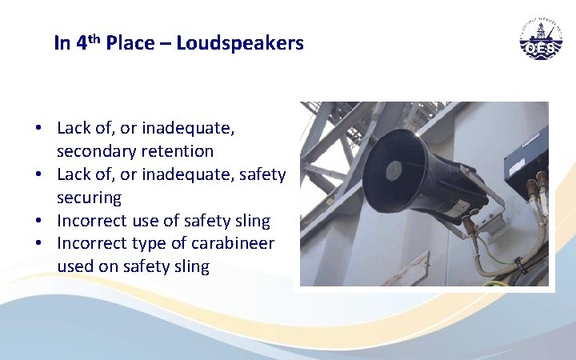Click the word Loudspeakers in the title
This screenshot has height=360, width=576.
coord(240,43)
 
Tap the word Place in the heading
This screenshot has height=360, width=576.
coord(133,43)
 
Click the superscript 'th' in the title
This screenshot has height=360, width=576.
coord(93,38)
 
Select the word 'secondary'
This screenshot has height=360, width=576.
coord(97,151)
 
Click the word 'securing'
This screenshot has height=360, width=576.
coord(89,197)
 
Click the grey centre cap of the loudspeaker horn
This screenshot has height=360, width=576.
coord(394,170)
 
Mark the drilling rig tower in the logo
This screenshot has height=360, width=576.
coord(542,34)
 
